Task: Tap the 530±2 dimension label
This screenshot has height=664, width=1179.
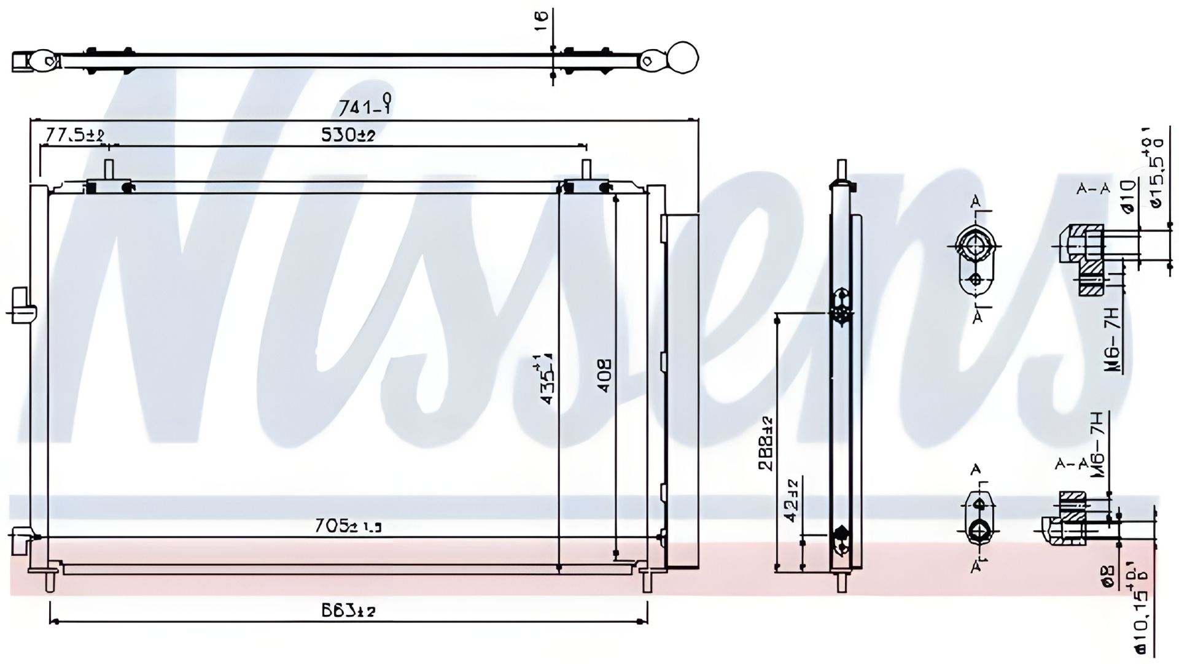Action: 348,135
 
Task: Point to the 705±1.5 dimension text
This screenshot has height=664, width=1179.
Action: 348,525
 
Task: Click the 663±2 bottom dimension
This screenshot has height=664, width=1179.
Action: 348,610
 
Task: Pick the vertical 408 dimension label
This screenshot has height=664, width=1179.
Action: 604,376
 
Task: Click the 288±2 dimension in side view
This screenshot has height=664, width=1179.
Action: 766,443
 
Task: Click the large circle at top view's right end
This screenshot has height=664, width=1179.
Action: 682,58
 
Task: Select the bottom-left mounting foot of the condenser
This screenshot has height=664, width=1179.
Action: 50,580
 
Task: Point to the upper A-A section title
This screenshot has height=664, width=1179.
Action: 1093,189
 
